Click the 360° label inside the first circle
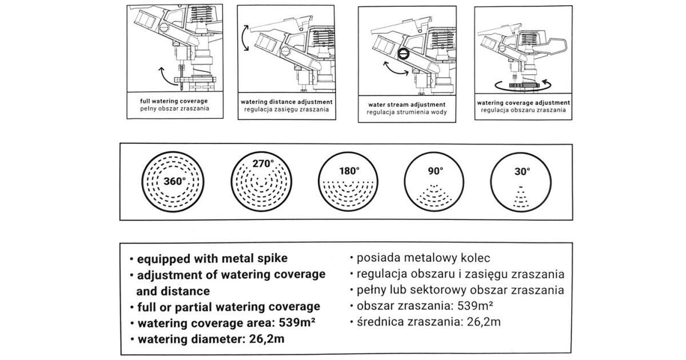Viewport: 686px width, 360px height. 174,181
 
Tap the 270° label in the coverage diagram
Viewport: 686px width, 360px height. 263,164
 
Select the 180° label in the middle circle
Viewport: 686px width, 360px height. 349,171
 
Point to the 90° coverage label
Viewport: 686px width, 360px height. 436,171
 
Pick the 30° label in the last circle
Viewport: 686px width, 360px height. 522,171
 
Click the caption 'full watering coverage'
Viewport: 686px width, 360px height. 174,101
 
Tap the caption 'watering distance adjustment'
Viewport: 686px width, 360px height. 286,102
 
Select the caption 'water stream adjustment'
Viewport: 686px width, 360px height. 406,105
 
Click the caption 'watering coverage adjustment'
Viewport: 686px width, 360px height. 523,103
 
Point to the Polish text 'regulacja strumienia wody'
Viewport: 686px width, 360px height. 406,112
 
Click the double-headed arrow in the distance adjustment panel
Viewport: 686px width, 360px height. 245,38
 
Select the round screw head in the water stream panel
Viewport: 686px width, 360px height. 404,54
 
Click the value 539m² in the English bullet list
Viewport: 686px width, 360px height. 297,323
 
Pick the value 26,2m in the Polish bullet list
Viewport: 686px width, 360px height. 484,322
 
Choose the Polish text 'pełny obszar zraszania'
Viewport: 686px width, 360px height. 174,109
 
